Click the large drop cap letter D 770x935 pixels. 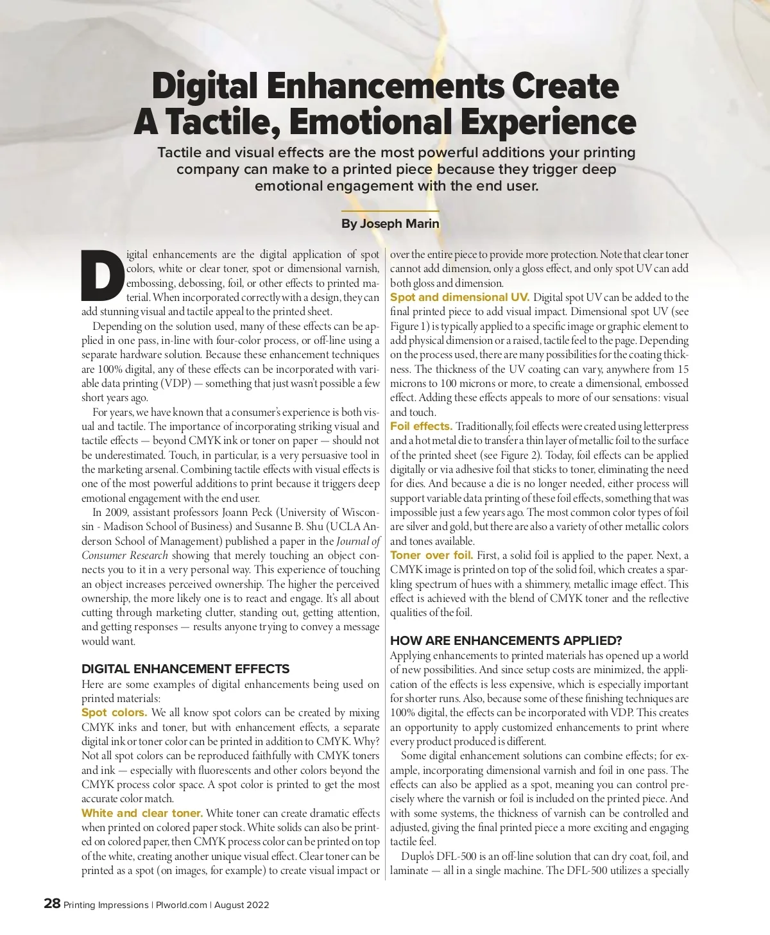[x=103, y=275]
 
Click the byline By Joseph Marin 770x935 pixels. [x=390, y=224]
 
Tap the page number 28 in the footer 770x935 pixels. [x=52, y=904]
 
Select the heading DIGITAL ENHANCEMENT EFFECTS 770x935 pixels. [x=185, y=669]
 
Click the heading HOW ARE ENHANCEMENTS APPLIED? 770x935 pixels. [x=506, y=640]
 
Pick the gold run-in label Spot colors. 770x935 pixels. [x=114, y=712]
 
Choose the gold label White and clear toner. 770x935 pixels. [x=142, y=813]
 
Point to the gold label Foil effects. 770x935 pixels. [x=421, y=426]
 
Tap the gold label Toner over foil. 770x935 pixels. [x=431, y=555]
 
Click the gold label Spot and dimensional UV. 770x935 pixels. [x=459, y=297]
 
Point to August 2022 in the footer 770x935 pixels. [x=241, y=905]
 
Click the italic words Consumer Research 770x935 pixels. [x=124, y=555]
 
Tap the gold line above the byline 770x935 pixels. [x=390, y=210]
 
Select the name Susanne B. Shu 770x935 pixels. [x=280, y=526]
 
